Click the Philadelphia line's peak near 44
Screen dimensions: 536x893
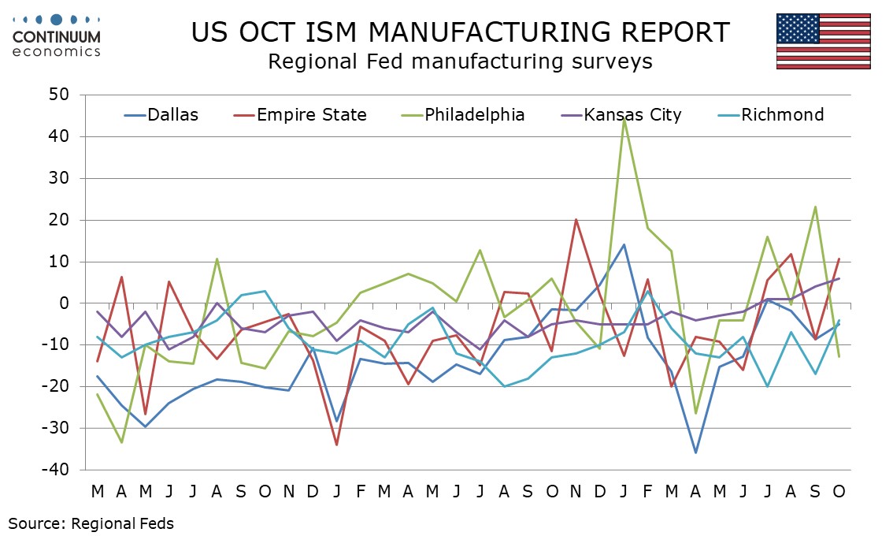[624, 119]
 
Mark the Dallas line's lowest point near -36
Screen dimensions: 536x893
[695, 452]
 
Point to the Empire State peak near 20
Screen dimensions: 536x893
[576, 219]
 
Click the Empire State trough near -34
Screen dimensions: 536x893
[336, 445]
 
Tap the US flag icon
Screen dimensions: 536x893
[823, 41]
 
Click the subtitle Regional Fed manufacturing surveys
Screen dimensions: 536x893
[460, 61]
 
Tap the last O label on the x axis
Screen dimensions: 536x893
[839, 492]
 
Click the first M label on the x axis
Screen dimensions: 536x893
[97, 492]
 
